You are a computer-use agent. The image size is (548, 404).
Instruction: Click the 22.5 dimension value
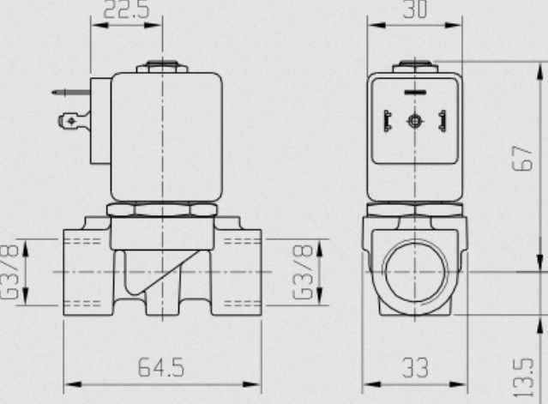[x=127, y=9]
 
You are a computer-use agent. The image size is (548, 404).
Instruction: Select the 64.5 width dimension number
[x=161, y=367]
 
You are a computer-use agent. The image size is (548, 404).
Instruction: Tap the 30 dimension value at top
[x=415, y=9]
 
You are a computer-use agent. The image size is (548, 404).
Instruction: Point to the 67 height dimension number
[x=522, y=159]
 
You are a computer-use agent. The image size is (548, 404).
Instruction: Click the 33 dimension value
[x=415, y=367]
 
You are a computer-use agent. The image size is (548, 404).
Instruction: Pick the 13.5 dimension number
[x=523, y=377]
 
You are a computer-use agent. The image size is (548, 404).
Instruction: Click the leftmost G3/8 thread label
[x=9, y=272]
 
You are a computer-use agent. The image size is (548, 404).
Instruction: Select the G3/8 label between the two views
[x=303, y=272]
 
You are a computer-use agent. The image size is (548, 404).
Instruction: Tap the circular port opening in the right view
[x=415, y=272]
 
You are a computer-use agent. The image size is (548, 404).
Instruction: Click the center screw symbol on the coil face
[x=415, y=121]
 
